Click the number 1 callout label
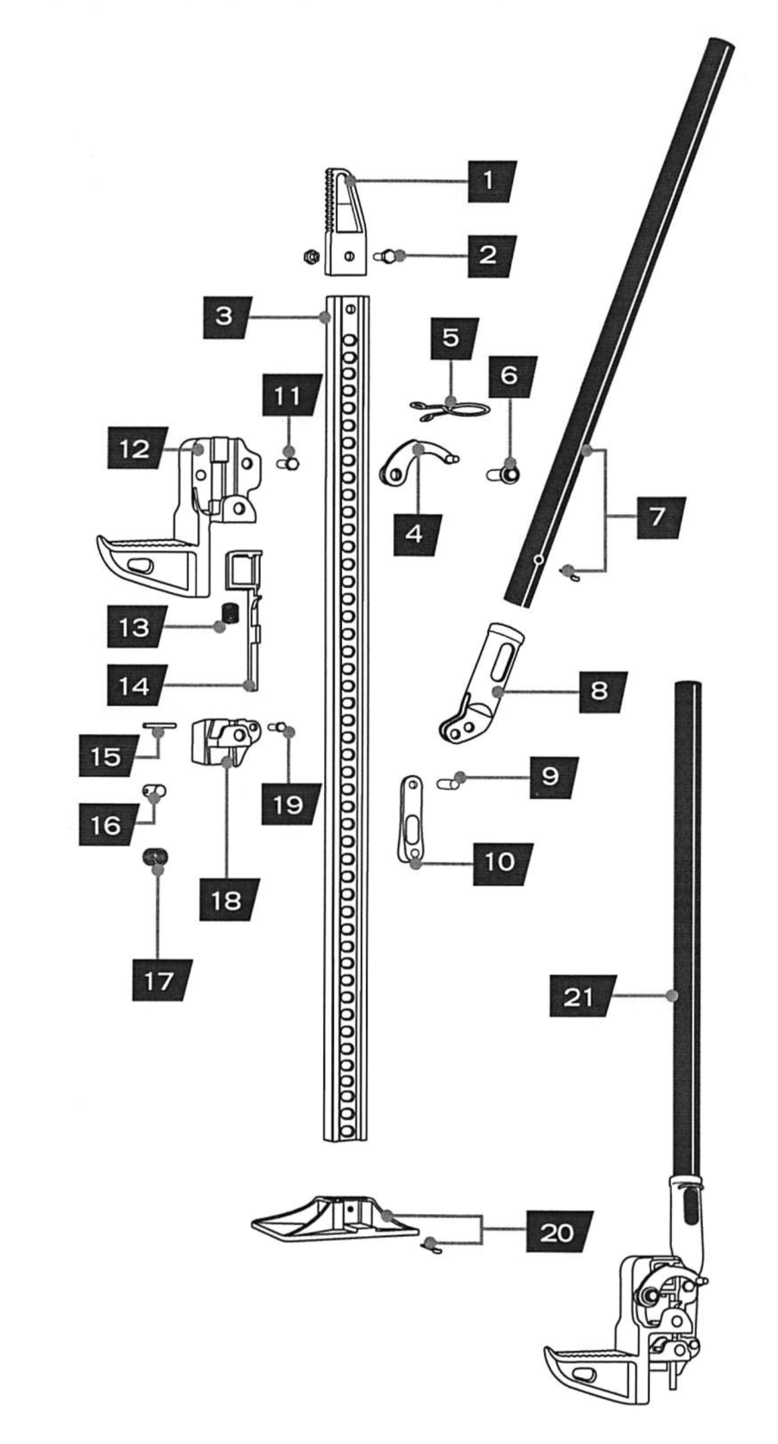(x=487, y=180)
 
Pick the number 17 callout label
(x=161, y=981)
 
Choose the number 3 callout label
(x=224, y=316)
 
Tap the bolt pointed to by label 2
(x=388, y=255)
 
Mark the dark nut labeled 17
(x=155, y=858)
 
